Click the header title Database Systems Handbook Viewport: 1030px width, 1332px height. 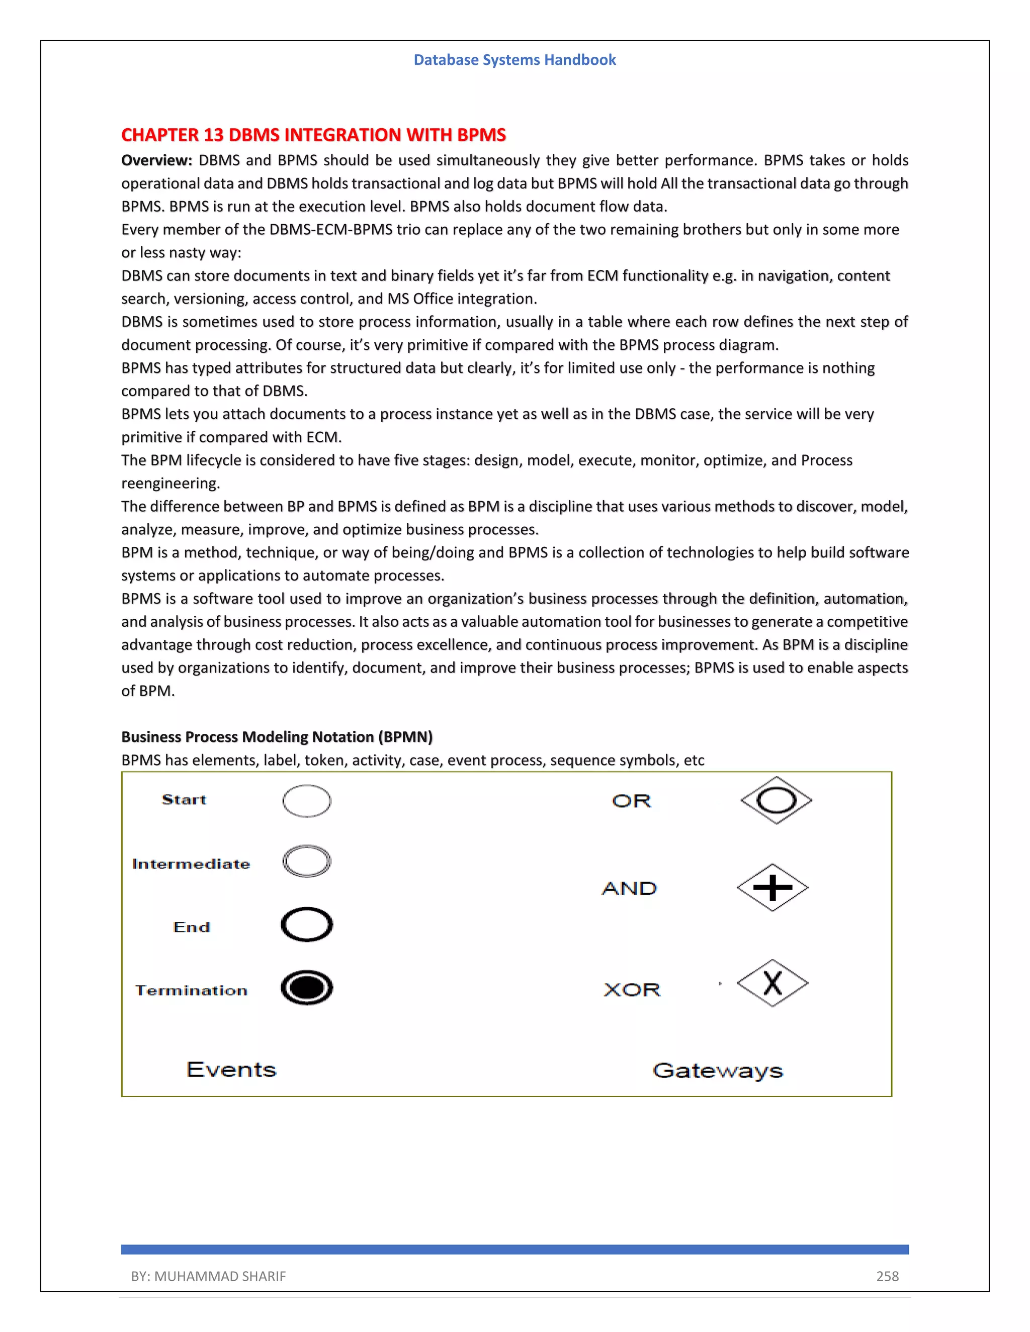click(x=514, y=60)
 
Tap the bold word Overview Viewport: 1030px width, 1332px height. click(x=156, y=160)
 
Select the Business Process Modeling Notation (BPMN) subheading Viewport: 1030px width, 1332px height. click(x=277, y=737)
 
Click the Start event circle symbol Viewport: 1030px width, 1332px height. click(x=306, y=801)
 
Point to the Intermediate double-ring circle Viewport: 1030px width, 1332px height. click(x=306, y=861)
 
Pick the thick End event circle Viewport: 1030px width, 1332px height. click(x=306, y=924)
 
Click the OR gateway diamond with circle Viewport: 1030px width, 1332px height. click(x=776, y=800)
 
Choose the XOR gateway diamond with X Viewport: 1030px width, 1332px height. click(x=772, y=983)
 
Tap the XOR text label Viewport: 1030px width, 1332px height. click(x=632, y=989)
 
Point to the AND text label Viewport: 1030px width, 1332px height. click(x=629, y=888)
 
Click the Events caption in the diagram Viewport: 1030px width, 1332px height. click(x=231, y=1069)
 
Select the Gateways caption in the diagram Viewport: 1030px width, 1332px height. click(x=718, y=1070)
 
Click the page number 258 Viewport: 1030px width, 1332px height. click(x=887, y=1276)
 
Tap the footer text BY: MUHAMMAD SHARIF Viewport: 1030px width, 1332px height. click(x=208, y=1276)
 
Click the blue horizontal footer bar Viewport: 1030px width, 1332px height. click(x=514, y=1249)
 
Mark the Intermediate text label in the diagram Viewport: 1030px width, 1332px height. click(x=191, y=864)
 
